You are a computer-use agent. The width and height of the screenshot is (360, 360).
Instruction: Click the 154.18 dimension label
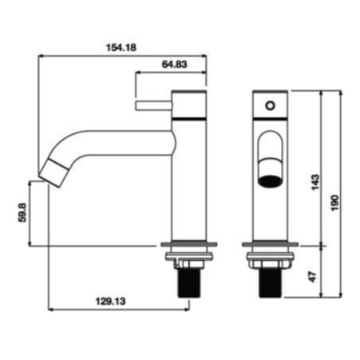point(121,48)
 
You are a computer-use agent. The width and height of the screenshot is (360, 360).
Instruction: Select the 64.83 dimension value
point(175,64)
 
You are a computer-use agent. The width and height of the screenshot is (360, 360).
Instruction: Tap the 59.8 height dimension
point(22,212)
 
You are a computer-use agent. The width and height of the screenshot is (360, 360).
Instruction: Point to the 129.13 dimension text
point(110,302)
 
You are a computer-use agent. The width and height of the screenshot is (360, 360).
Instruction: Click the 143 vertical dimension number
point(315,182)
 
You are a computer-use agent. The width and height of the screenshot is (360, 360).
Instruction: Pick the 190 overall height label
point(335,203)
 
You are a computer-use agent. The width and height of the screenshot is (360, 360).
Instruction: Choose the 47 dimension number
point(313,277)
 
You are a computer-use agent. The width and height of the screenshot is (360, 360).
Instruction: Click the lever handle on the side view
point(154,105)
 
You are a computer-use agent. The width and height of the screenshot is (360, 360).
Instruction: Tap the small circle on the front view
point(270,105)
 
